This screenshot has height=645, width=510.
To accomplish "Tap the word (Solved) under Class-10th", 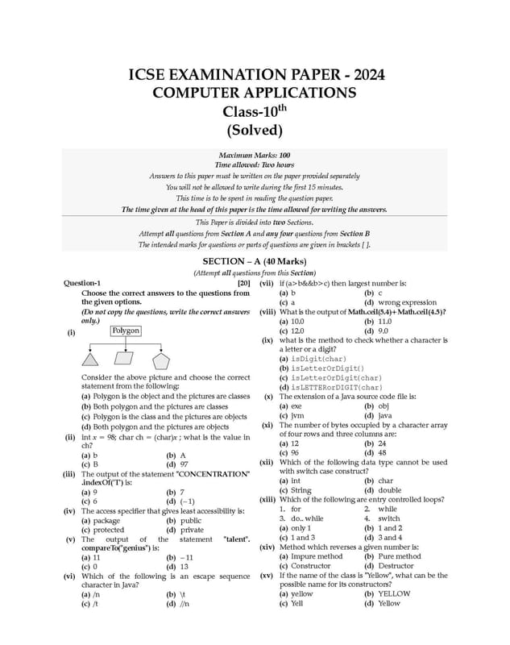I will click(255, 130).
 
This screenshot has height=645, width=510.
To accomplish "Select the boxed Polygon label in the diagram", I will click(126, 331).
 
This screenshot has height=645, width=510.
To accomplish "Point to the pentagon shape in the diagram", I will click(162, 360).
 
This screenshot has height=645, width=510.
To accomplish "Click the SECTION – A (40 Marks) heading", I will click(255, 262).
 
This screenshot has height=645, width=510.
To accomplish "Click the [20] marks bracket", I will click(243, 283).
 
